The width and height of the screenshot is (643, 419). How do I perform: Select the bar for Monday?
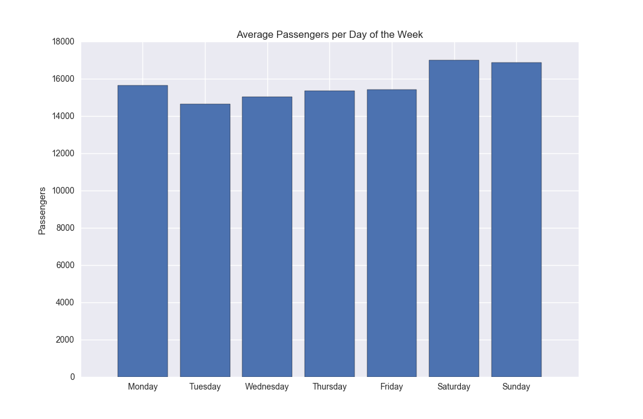tap(142, 231)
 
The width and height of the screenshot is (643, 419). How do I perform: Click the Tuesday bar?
tap(205, 240)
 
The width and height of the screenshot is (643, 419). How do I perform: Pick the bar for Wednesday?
tap(267, 237)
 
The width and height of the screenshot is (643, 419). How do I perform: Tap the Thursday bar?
tap(329, 234)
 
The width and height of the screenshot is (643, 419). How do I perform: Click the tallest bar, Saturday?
tap(454, 219)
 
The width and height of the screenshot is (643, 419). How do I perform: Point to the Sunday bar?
tap(516, 220)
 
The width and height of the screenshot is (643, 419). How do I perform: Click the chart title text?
tap(329, 35)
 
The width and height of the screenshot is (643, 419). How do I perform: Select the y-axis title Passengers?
tap(42, 210)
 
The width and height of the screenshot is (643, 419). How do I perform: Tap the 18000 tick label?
tap(63, 42)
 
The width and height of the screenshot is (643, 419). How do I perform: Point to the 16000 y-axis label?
tap(63, 79)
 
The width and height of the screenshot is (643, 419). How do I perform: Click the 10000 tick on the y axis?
tap(63, 191)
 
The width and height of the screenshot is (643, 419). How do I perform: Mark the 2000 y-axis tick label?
tap(66, 340)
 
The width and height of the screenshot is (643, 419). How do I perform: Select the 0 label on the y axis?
tap(73, 378)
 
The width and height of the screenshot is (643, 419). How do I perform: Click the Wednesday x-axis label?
tap(267, 387)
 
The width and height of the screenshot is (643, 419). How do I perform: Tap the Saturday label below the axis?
tap(454, 387)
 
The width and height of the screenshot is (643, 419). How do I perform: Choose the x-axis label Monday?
tap(142, 387)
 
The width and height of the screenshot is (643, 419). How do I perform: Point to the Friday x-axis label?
tap(392, 387)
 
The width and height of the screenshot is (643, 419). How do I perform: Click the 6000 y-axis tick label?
tap(66, 266)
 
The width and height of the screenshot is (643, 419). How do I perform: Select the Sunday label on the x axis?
tap(516, 387)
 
